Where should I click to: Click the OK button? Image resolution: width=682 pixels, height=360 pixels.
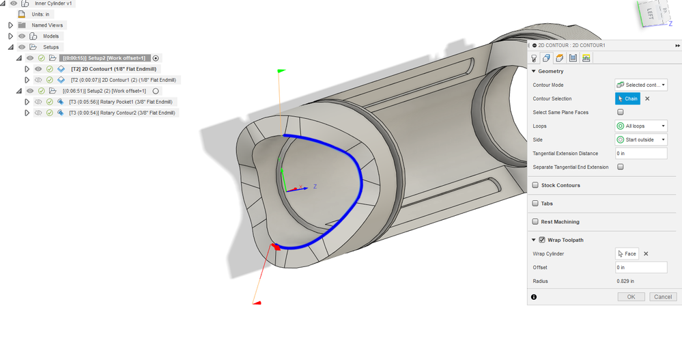pyautogui.click(x=631, y=297)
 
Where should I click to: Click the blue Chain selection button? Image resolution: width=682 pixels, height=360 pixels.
pyautogui.click(x=627, y=99)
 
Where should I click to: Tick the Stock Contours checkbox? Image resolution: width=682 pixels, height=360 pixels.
pyautogui.click(x=535, y=185)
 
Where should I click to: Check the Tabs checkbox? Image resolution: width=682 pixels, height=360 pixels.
pyautogui.click(x=535, y=204)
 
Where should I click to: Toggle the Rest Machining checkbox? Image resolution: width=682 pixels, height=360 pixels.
pyautogui.click(x=535, y=221)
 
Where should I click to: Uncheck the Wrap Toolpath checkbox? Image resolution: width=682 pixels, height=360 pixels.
pyautogui.click(x=542, y=240)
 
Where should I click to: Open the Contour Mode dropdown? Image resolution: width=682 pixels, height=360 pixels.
pyautogui.click(x=641, y=85)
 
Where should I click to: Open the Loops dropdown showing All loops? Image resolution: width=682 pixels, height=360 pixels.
pyautogui.click(x=641, y=126)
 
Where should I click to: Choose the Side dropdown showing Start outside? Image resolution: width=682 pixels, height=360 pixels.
pyautogui.click(x=641, y=140)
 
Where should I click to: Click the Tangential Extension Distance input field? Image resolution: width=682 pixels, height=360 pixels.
pyautogui.click(x=641, y=153)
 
